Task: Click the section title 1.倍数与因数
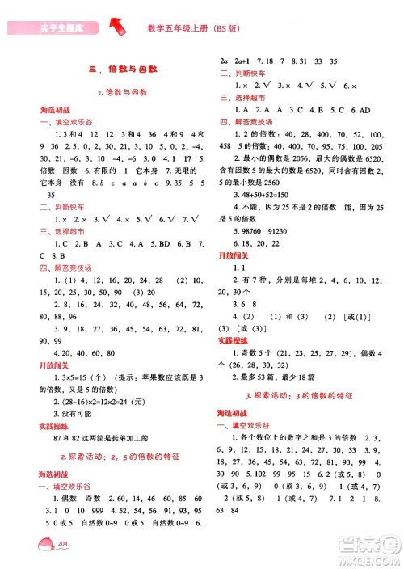click(x=121, y=92)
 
